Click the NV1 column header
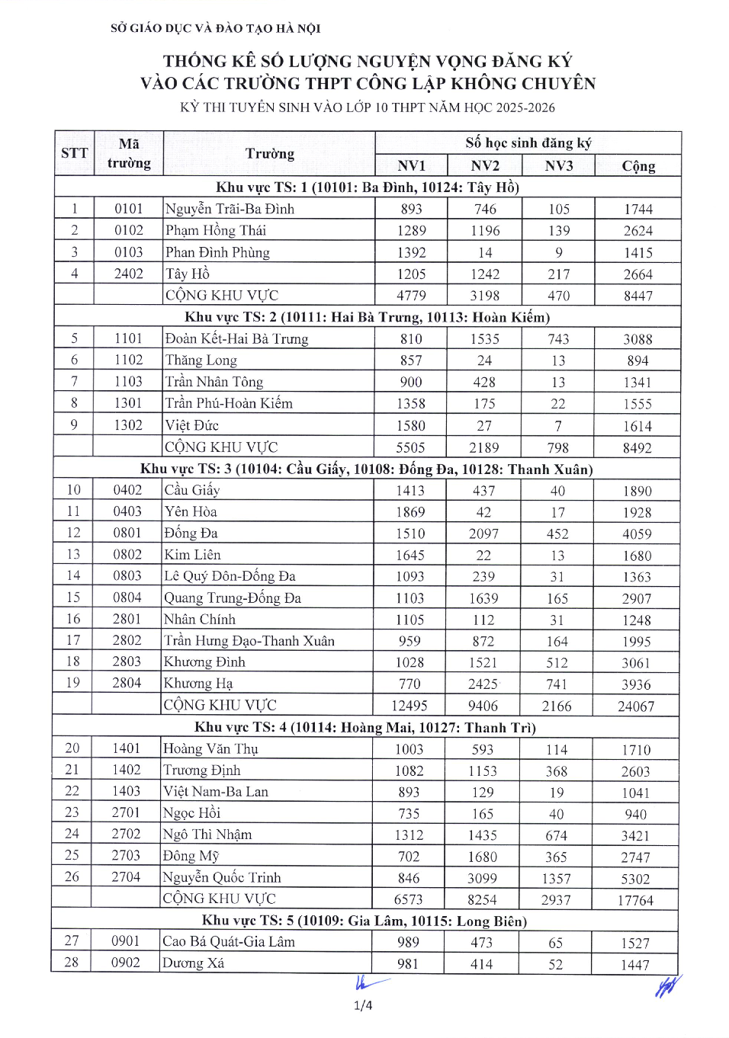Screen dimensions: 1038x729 click(x=411, y=165)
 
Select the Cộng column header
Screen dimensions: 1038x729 click(x=638, y=165)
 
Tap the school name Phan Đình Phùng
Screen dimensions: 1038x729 click(x=217, y=252)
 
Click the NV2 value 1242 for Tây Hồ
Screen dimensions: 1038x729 click(x=485, y=274)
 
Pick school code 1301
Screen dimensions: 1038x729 click(x=128, y=403)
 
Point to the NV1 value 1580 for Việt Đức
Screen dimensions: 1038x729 click(x=411, y=425)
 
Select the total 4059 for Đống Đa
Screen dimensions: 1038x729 click(x=637, y=533)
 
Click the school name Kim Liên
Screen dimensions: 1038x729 click(x=193, y=555)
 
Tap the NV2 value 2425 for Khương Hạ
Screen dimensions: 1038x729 click(x=483, y=684)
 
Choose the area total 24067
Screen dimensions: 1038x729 click(x=636, y=706)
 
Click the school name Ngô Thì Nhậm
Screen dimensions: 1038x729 click(x=207, y=835)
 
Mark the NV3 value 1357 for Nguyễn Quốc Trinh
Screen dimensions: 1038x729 click(x=556, y=879)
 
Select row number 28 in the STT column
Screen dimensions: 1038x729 click(x=72, y=963)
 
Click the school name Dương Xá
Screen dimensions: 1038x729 click(x=194, y=963)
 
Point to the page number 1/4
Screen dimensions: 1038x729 click(x=363, y=1005)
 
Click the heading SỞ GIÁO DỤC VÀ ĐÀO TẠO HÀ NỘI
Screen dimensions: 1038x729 click(x=216, y=29)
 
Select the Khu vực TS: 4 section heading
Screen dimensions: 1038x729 click(x=365, y=728)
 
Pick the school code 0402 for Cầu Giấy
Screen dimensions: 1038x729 click(x=127, y=490)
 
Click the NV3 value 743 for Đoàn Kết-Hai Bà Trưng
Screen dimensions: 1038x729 click(x=558, y=339)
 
